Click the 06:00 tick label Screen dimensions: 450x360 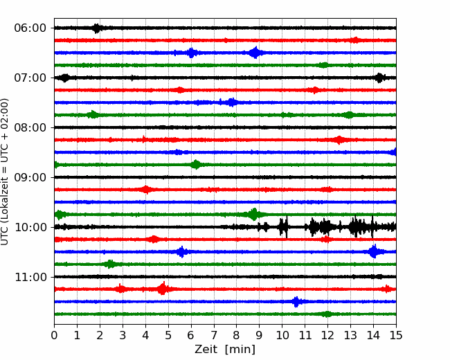(30, 28)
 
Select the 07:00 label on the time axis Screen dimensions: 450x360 (30, 78)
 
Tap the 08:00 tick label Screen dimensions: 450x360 (30, 128)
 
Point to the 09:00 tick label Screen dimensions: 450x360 (30, 177)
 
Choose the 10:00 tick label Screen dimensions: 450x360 (30, 227)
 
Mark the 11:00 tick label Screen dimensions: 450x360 (30, 278)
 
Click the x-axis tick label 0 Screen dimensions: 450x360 (54, 335)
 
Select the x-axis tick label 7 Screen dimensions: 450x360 (214, 335)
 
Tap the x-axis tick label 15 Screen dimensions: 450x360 (396, 335)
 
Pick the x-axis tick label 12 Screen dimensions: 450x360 (327, 335)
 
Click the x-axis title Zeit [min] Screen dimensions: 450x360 (225, 350)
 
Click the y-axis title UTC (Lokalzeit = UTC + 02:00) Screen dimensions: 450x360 (5, 172)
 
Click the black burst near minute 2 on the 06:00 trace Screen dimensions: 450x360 (97, 28)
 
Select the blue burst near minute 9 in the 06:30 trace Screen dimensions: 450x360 (255, 53)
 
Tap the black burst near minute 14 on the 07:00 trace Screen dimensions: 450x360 (379, 78)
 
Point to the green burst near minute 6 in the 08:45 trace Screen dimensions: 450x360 (196, 165)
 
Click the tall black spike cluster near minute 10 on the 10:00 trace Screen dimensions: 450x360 (283, 227)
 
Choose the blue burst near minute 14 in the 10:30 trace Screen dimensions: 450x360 (373, 251)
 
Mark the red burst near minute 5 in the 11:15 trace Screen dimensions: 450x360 (163, 289)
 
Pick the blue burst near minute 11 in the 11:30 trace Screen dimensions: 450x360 (296, 302)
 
